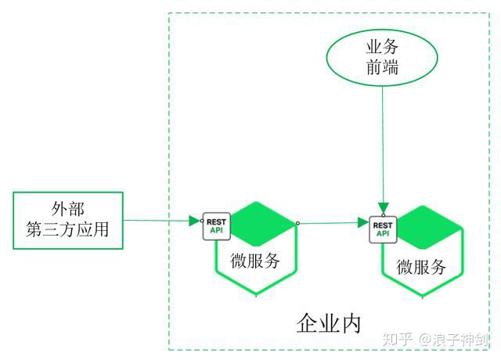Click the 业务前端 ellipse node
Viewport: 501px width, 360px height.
[382, 57]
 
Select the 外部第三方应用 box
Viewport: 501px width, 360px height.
[68, 220]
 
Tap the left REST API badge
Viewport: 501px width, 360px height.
[216, 226]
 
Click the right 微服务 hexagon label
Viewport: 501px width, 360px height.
[421, 266]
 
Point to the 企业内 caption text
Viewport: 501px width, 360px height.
[329, 322]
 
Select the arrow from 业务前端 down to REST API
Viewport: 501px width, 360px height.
[382, 149]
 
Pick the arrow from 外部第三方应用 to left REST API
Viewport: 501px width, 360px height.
[160, 221]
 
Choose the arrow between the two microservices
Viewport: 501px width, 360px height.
[333, 223]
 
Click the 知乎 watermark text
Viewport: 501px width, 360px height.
[395, 339]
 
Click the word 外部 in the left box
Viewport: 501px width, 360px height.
[68, 209]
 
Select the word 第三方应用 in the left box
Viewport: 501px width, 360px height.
[68, 231]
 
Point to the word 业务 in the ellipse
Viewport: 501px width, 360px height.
[382, 47]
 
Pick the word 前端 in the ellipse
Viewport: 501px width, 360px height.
[382, 67]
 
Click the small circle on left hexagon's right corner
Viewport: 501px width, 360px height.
[297, 224]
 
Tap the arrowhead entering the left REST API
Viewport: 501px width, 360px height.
[196, 221]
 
